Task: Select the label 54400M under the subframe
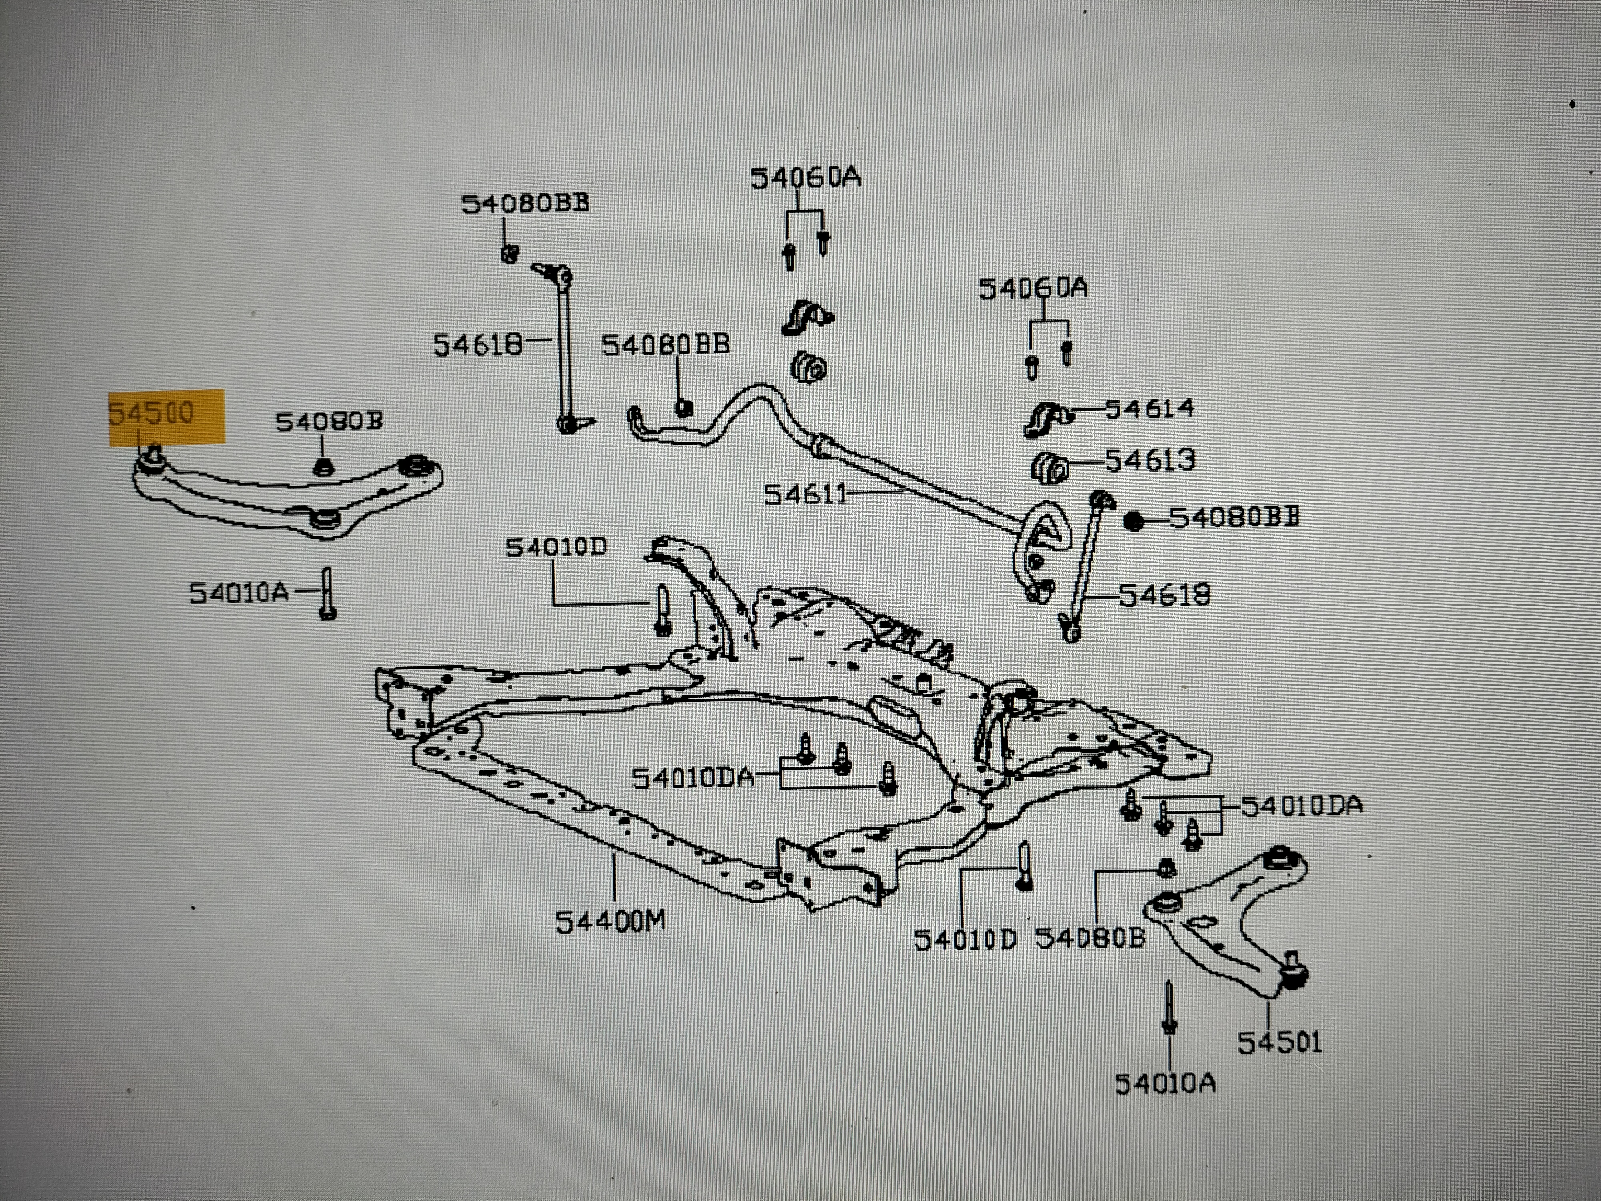[610, 922]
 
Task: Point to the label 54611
[805, 494]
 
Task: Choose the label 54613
[1150, 460]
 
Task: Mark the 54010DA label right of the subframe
[1301, 806]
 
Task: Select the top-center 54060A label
[805, 177]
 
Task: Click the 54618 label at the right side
[1164, 595]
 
